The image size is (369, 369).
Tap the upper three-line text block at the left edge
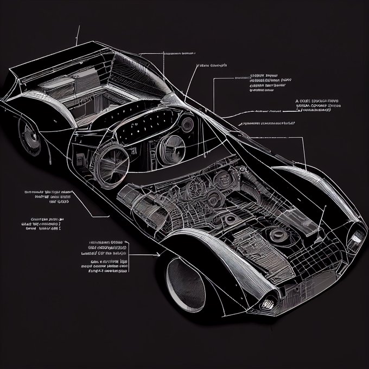click(49, 197)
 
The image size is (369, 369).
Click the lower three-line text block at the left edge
click(41, 225)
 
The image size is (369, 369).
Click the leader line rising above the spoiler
click(78, 35)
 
